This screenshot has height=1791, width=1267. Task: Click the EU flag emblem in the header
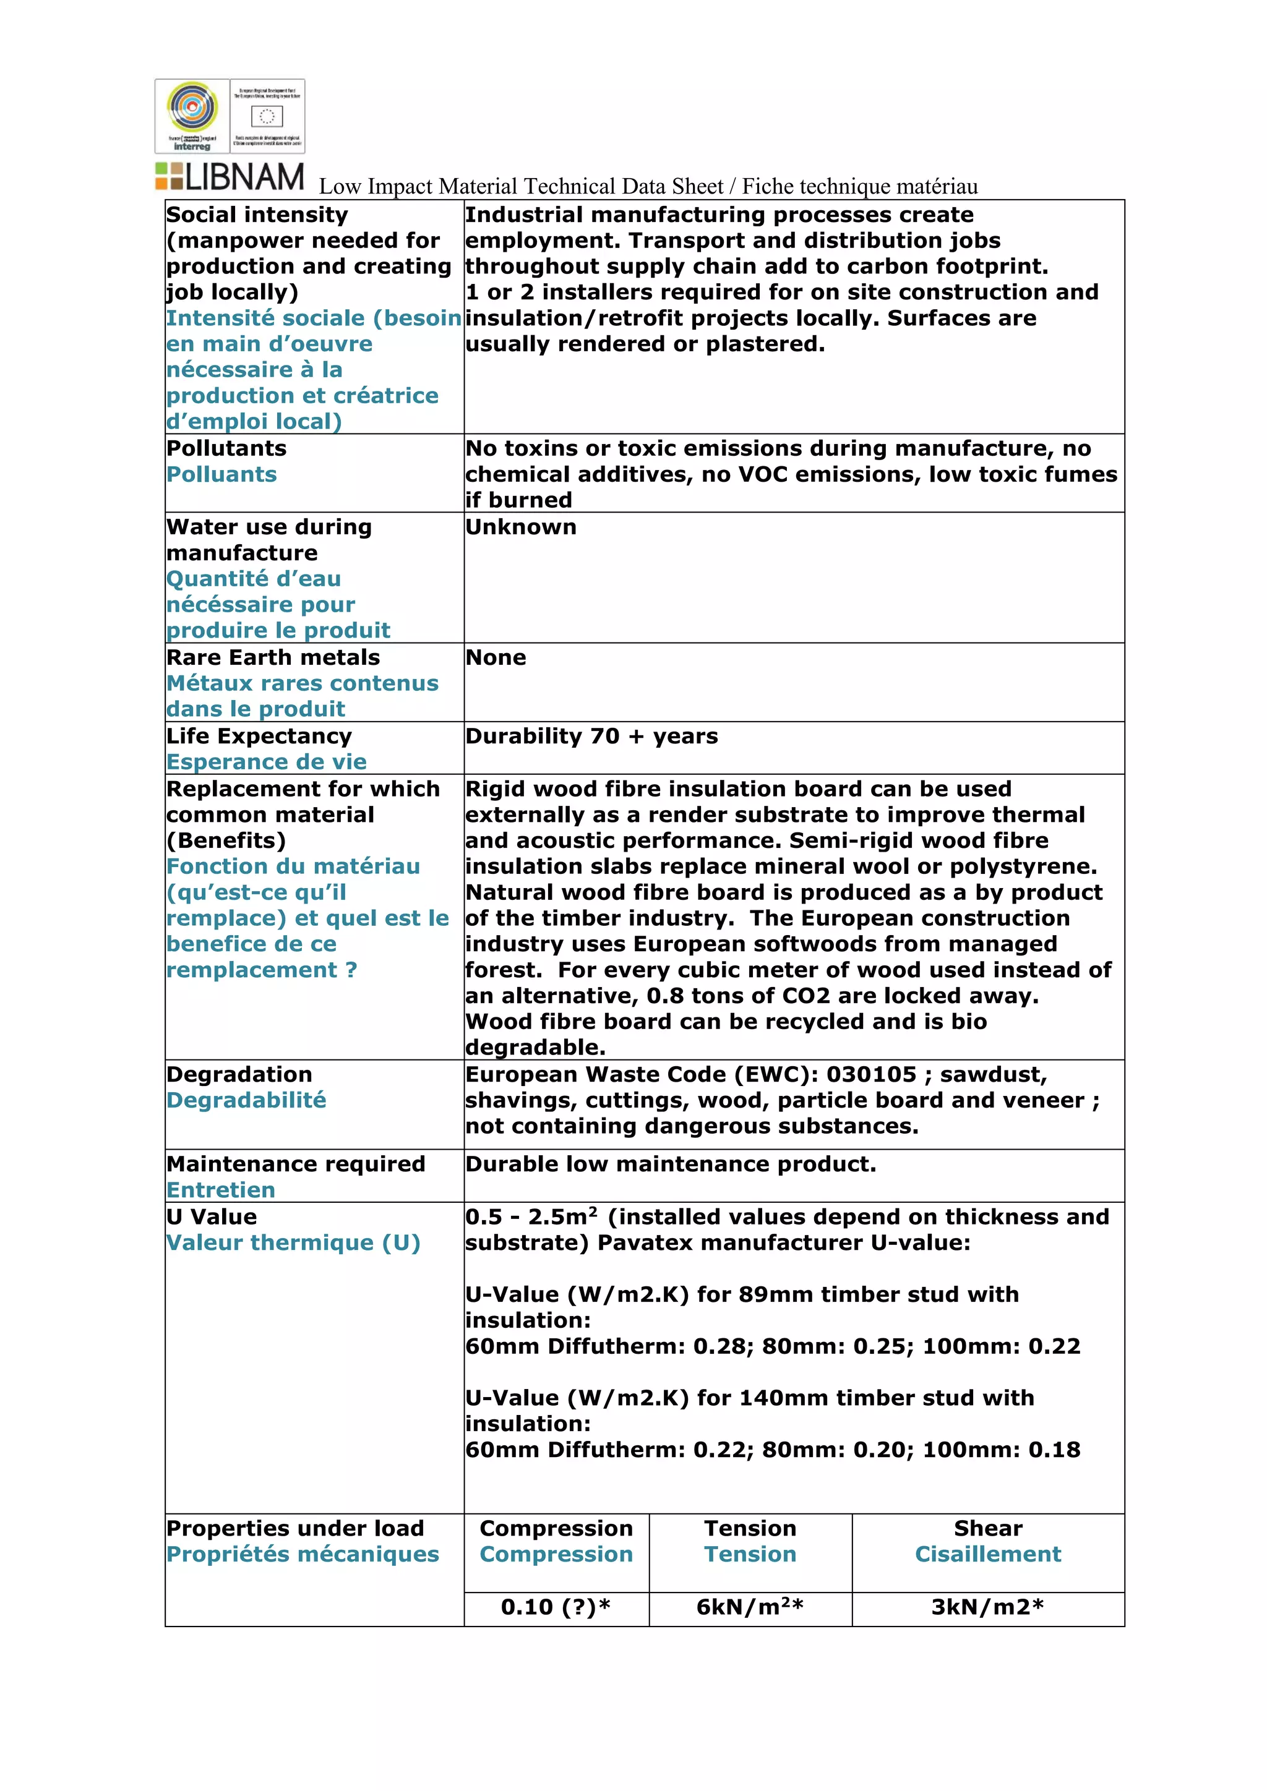tap(267, 117)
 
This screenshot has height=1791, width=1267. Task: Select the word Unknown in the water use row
tap(520, 528)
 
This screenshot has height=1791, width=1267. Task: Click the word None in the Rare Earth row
tap(496, 657)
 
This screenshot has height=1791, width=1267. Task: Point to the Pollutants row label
tap(226, 448)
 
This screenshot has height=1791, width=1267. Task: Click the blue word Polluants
tap(221, 474)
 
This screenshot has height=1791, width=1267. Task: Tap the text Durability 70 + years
tap(591, 737)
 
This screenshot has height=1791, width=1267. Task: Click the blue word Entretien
tap(221, 1190)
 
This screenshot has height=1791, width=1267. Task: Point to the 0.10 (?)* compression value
tap(556, 1606)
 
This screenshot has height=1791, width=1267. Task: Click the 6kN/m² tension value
tap(750, 1606)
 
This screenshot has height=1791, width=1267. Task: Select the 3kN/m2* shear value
tap(987, 1606)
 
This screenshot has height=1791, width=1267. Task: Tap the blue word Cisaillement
tap(988, 1554)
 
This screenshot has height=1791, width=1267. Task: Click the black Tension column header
tap(750, 1528)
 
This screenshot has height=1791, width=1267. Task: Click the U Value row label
tap(212, 1217)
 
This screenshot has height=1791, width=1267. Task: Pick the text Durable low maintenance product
tap(670, 1164)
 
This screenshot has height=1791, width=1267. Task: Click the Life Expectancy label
tap(259, 737)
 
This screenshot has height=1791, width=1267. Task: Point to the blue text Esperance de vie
tap(266, 762)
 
